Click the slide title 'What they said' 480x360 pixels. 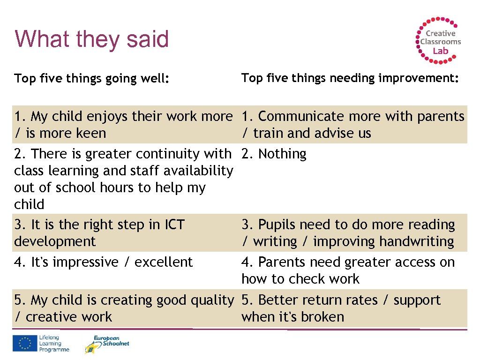[91, 39]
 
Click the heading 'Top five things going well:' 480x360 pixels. [91, 78]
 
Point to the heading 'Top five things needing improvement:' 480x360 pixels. [350, 78]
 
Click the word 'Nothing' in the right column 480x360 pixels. [282, 154]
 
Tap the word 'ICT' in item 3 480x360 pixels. [172, 225]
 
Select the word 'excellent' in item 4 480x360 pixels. [164, 262]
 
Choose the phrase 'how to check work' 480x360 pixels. [300, 279]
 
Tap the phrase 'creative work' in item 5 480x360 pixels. [69, 317]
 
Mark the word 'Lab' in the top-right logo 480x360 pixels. [440, 51]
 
